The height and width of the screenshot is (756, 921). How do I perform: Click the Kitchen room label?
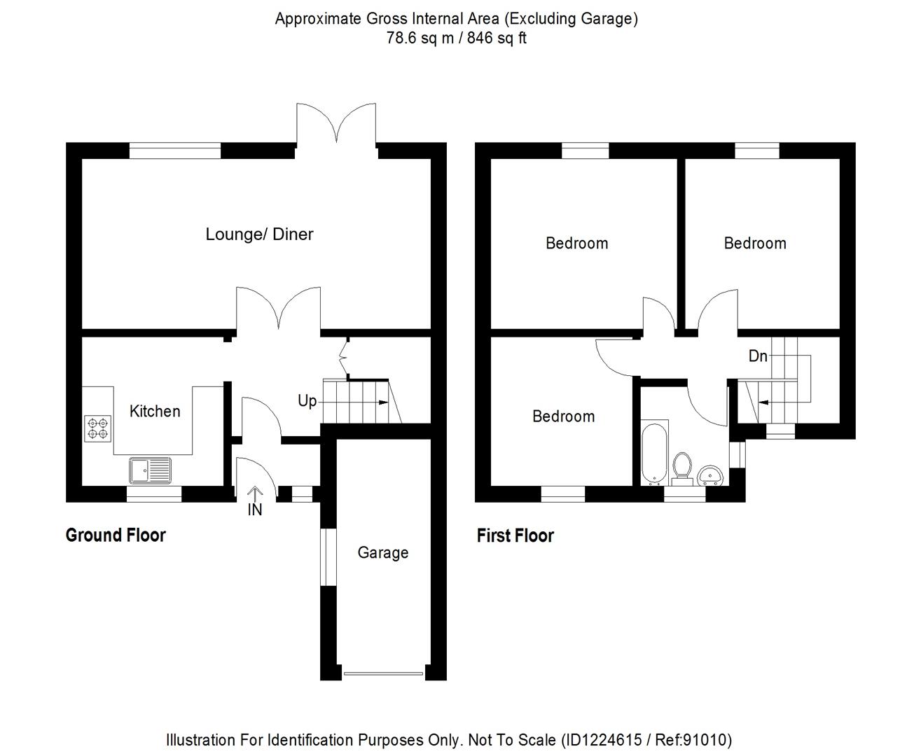155,411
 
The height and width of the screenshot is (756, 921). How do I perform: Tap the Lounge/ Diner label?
259,234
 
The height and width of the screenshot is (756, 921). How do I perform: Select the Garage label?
382,552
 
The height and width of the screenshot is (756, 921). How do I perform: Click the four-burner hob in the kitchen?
98,428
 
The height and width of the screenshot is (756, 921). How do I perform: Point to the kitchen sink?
150,470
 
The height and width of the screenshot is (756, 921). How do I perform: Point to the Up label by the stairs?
307,401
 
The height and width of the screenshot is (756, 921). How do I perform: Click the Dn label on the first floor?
758,356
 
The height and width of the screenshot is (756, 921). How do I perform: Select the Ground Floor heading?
116,535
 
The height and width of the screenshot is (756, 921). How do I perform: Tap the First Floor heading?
515,535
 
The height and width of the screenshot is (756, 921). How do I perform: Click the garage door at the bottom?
383,674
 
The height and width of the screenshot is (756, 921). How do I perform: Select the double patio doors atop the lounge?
336,126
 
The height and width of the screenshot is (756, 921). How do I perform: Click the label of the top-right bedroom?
754,243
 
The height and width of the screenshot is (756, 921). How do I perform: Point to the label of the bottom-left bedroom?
563,416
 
